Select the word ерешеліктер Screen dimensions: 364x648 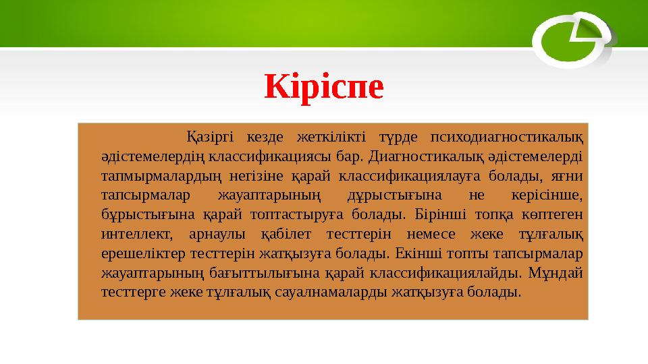[x=140, y=255]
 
